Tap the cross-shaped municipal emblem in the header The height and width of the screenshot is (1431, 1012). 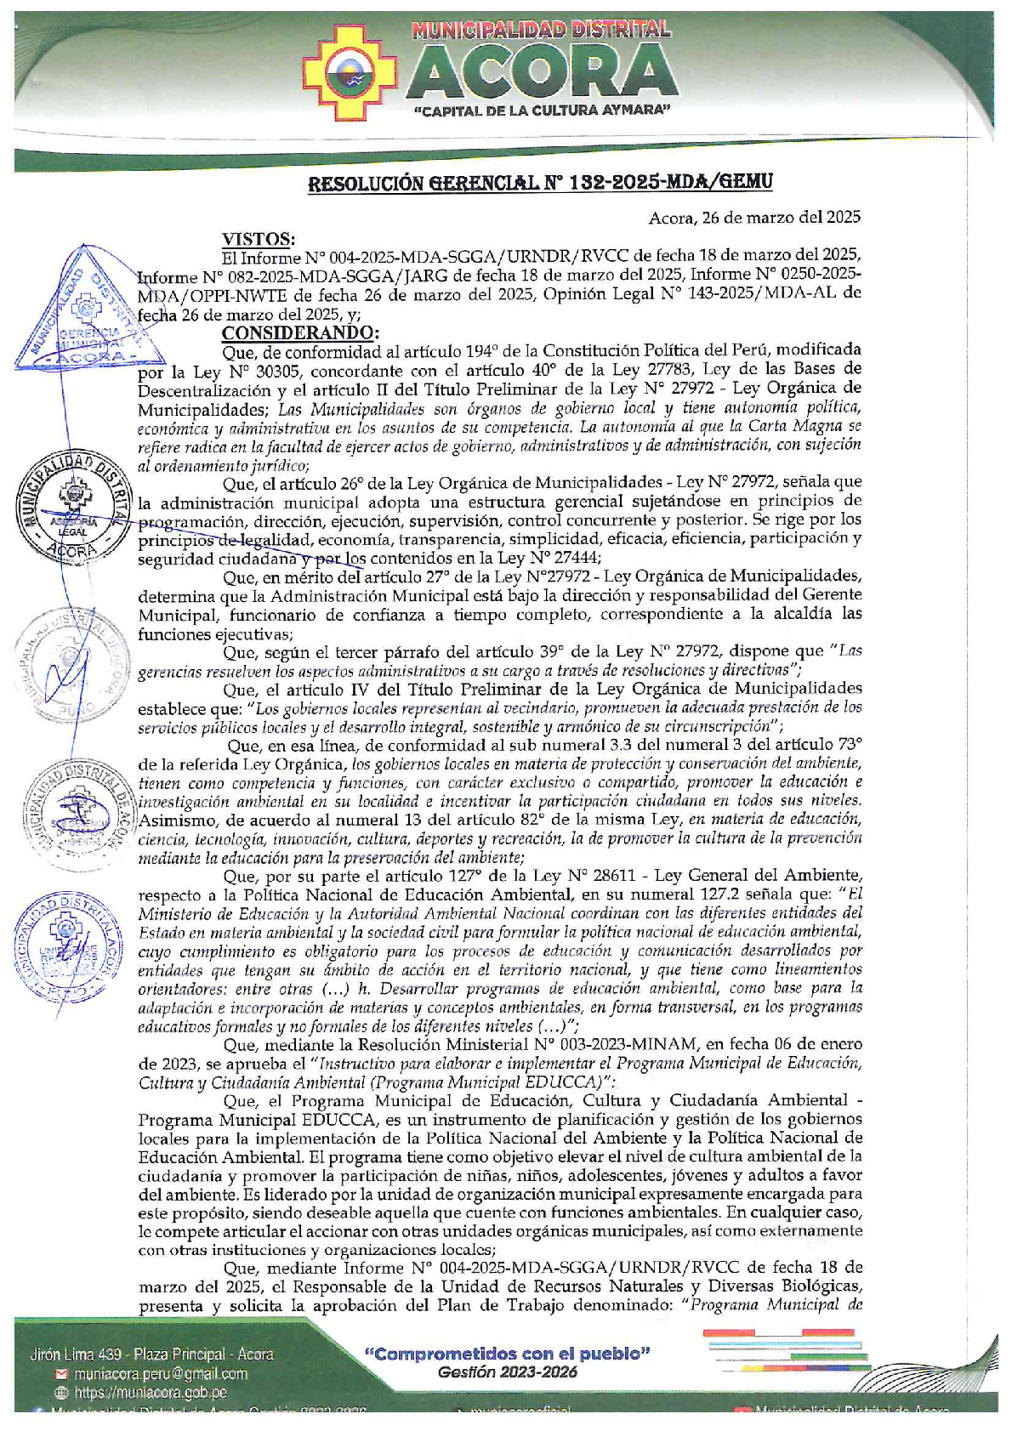click(x=352, y=71)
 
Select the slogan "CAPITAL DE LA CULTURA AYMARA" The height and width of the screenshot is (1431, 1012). click(x=543, y=112)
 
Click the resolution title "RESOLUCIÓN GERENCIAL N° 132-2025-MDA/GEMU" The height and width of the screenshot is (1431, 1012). click(x=540, y=182)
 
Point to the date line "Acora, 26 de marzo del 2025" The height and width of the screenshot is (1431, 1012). click(x=754, y=218)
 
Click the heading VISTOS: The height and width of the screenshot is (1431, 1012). click(x=259, y=239)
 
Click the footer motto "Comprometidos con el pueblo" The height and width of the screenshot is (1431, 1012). click(x=507, y=1354)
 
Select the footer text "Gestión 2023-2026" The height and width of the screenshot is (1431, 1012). click(x=507, y=1372)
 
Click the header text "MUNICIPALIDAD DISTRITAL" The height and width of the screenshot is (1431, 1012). click(x=541, y=30)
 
